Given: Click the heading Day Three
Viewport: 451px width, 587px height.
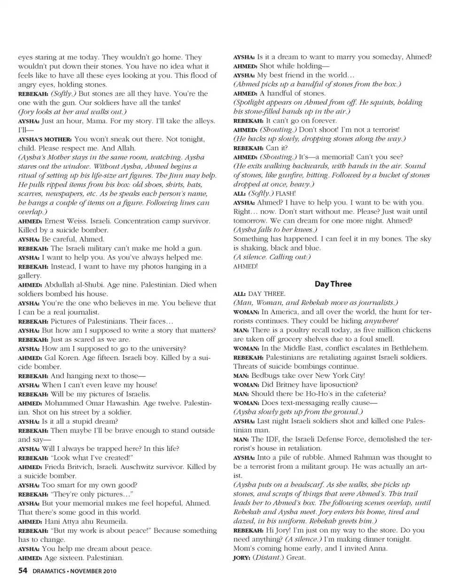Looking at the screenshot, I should [333, 284].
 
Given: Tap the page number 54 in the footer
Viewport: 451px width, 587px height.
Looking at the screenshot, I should [23, 571].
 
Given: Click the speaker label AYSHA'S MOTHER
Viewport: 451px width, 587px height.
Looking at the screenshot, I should [45, 139].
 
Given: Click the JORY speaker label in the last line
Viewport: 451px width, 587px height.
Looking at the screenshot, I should [241, 558].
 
